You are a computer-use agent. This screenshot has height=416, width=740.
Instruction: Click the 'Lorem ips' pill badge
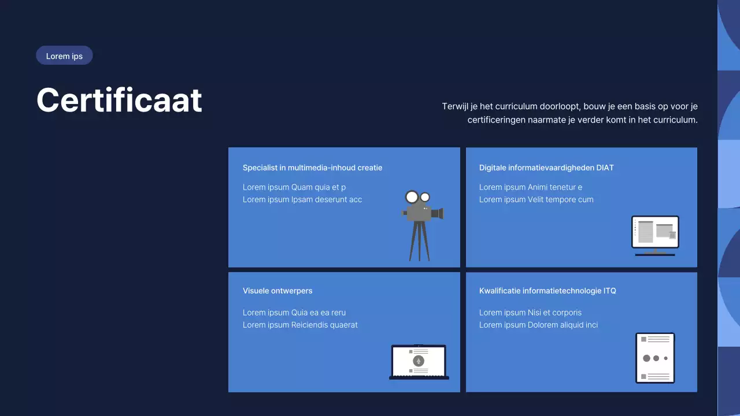(x=64, y=55)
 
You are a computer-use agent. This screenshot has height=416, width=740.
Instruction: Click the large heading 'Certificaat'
(x=119, y=100)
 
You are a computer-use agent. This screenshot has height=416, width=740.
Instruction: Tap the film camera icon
(x=422, y=225)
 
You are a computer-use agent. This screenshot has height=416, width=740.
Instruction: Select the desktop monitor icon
(x=655, y=236)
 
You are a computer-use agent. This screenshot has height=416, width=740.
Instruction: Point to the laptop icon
(x=419, y=362)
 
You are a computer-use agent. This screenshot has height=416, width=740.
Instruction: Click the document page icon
(x=655, y=358)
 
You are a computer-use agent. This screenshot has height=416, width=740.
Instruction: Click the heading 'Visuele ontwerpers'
(x=277, y=291)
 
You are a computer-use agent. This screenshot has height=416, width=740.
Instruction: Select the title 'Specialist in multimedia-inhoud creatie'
(x=313, y=168)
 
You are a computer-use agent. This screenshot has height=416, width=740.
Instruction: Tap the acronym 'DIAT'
(x=605, y=168)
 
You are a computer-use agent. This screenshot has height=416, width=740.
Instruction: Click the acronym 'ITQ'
(x=609, y=291)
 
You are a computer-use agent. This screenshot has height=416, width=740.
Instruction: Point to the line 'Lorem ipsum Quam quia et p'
(x=294, y=187)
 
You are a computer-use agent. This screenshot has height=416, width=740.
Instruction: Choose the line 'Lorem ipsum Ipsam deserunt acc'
(x=302, y=199)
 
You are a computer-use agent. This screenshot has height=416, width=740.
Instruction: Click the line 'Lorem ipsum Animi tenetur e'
(x=531, y=187)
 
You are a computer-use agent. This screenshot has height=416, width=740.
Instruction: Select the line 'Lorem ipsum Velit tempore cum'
(x=536, y=199)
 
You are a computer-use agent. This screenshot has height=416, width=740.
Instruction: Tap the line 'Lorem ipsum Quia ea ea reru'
(x=294, y=313)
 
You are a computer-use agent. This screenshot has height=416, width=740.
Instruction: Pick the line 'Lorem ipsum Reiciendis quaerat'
(x=300, y=325)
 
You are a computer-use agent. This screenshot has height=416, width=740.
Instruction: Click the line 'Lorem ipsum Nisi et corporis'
(x=530, y=313)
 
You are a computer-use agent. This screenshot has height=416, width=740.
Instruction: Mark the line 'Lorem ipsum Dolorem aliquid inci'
(x=538, y=325)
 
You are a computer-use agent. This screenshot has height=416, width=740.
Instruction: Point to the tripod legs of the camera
(x=420, y=241)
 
